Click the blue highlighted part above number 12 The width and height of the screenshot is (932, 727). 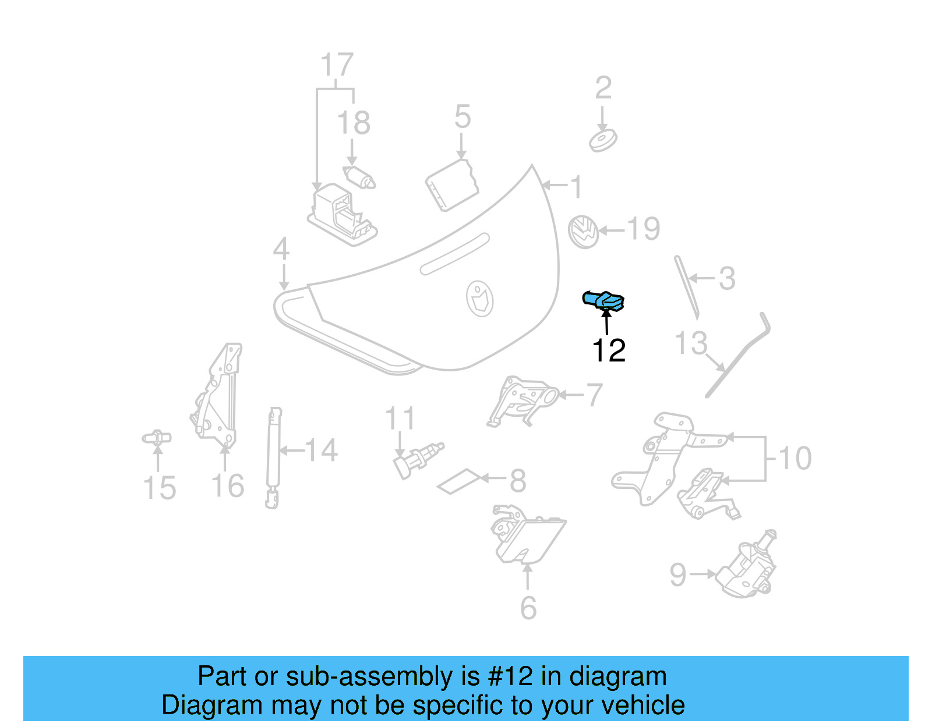(604, 300)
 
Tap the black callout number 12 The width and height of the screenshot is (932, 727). (608, 350)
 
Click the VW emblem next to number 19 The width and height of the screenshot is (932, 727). (584, 231)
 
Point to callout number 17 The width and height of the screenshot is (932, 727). (337, 65)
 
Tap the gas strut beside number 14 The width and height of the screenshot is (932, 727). (273, 457)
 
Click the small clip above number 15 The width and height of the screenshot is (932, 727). (157, 438)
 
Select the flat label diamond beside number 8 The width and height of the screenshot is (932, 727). (460, 481)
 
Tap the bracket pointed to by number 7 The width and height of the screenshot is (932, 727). (521, 400)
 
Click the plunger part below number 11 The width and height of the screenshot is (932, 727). (416, 459)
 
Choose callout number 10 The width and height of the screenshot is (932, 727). (795, 459)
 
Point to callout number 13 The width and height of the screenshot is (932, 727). (691, 343)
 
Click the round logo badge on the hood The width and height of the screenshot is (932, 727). (480, 299)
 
